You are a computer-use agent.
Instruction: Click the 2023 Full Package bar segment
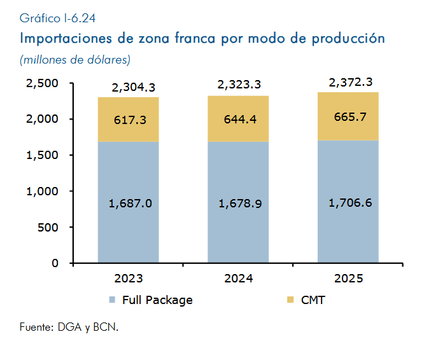(128, 202)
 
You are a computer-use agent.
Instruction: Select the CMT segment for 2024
(238, 118)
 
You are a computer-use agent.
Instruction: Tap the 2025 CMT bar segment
(348, 116)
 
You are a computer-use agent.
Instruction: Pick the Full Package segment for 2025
(348, 202)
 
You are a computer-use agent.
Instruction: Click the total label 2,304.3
(134, 88)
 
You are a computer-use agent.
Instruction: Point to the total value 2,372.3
(351, 83)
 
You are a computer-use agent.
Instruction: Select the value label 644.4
(240, 120)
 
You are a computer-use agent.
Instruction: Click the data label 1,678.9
(240, 204)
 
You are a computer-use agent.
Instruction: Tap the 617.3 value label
(130, 120)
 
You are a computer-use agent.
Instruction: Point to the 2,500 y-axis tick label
(42, 83)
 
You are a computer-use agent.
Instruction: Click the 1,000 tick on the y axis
(42, 191)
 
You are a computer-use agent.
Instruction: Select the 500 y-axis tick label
(48, 228)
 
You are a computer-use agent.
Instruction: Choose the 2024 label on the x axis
(239, 279)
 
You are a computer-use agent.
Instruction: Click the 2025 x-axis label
(348, 279)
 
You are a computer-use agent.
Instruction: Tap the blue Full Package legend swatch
(112, 300)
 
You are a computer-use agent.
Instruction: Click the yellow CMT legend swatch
(290, 300)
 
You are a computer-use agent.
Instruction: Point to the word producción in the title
(348, 38)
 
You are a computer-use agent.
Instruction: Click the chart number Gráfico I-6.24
(57, 18)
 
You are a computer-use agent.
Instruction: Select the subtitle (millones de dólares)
(75, 60)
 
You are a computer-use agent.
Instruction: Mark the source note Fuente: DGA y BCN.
(69, 327)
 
